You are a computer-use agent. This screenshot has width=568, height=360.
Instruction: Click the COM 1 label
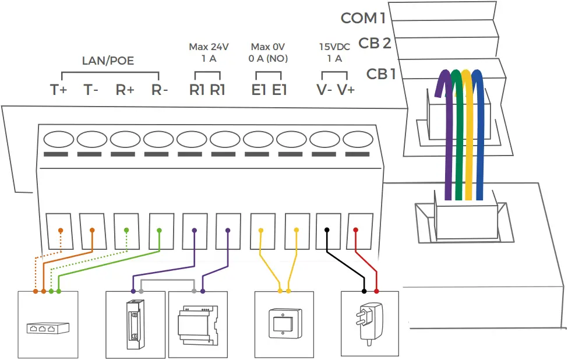[x=364, y=18]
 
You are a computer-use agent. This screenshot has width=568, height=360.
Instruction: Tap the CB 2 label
[x=375, y=43]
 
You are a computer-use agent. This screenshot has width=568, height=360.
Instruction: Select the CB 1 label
[x=381, y=74]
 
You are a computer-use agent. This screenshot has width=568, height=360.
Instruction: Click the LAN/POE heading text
[x=108, y=61]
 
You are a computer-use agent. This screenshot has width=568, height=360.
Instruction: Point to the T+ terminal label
[x=58, y=90]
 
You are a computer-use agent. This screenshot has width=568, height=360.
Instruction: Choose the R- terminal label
[x=159, y=90]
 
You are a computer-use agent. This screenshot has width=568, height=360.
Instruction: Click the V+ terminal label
[x=347, y=90]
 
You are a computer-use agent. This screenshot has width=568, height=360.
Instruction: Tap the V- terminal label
[x=323, y=90]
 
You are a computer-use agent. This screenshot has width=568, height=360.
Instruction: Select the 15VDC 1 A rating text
[x=334, y=52]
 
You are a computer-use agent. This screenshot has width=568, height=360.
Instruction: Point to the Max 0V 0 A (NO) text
[x=269, y=52]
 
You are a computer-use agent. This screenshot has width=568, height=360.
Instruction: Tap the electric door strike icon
[x=136, y=324]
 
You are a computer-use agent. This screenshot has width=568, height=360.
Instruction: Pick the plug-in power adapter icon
[x=369, y=323]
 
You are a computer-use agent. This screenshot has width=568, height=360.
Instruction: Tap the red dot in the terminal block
[x=355, y=230]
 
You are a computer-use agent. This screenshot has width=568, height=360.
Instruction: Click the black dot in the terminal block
[x=327, y=230]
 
